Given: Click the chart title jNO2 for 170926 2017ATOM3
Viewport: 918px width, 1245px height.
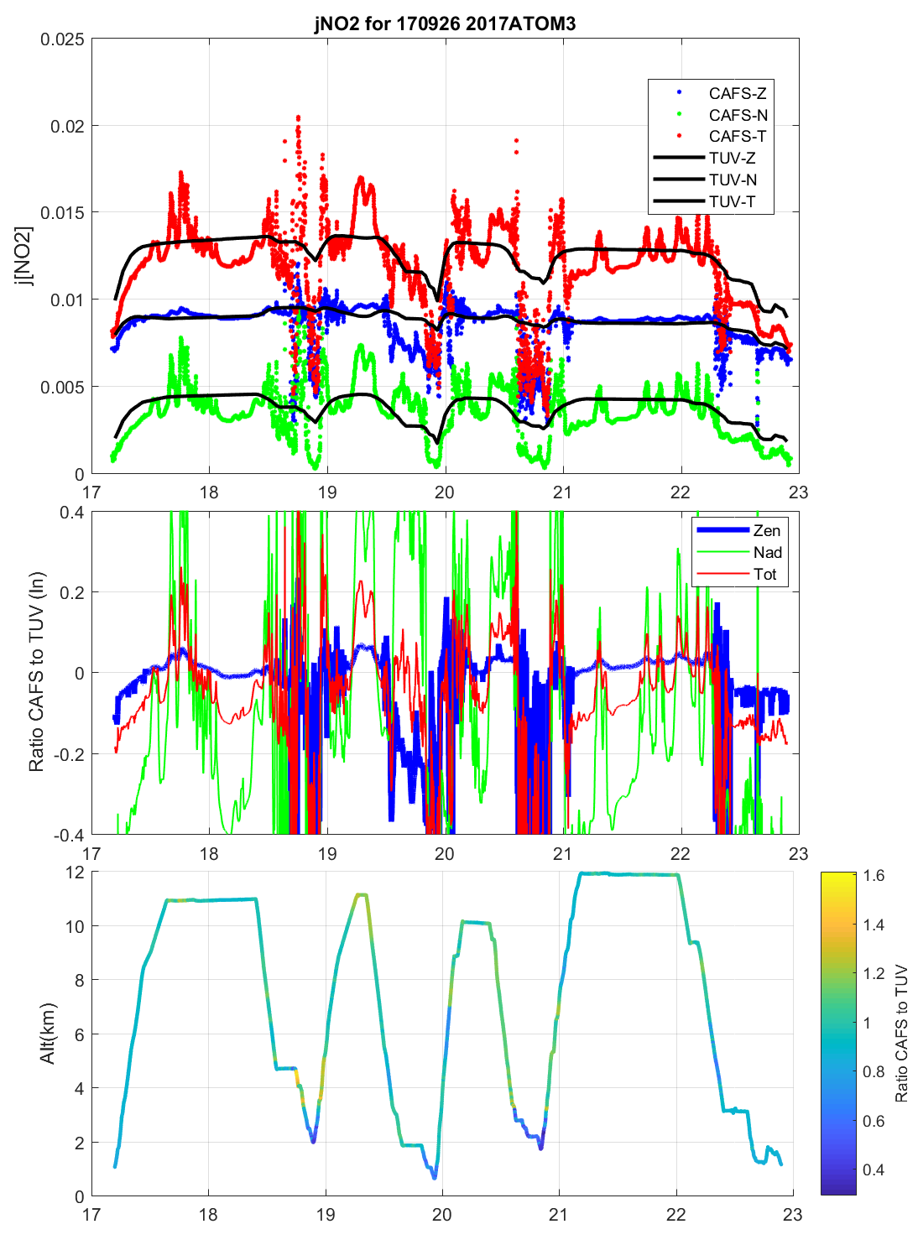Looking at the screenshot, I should point(445,23).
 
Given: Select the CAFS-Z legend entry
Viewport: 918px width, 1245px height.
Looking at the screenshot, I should point(737,93).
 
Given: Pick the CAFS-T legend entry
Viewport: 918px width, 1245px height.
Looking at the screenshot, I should point(737,136).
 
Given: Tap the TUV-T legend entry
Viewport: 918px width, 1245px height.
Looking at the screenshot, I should point(732,201).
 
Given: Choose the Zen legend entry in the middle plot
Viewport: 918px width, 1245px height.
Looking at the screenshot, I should point(766,530).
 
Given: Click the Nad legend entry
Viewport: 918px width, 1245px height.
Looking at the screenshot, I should point(767,552).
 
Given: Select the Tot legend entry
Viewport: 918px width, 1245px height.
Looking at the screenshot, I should point(765,574).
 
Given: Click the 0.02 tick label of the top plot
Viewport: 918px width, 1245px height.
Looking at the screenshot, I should point(66,126).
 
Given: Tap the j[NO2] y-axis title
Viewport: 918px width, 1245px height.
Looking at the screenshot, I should point(24,256).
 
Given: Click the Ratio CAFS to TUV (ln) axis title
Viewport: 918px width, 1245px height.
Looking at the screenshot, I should point(36,672).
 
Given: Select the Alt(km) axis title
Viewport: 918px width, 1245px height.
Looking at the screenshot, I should point(47,1033).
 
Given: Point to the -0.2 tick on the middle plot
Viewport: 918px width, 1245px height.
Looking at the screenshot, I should point(68,754).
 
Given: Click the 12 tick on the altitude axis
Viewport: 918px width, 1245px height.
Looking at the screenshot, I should point(75,873).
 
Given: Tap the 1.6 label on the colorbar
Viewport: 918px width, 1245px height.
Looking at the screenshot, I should point(874,876).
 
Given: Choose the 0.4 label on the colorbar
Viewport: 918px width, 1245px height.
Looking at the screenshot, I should point(874,1169).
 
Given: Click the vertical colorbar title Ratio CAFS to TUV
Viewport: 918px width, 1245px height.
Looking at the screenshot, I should point(901,1033).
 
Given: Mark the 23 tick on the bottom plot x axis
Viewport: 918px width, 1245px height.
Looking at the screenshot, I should point(792,1214).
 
